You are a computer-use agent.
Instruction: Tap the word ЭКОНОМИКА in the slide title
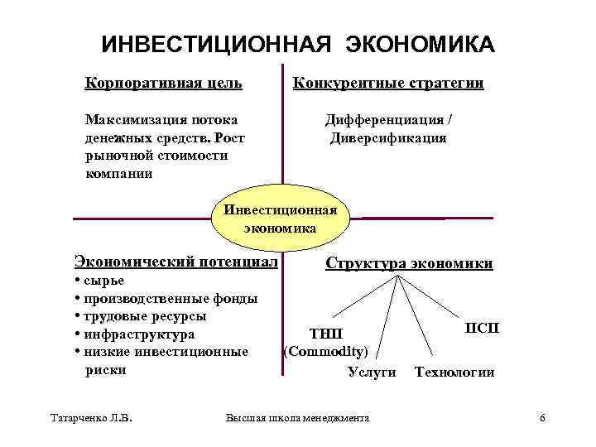421,43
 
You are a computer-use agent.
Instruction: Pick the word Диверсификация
388,137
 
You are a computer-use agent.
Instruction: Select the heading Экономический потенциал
175,262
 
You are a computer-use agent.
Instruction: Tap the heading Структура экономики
409,264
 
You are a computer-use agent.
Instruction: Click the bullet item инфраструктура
137,334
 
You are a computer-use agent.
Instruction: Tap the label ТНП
324,334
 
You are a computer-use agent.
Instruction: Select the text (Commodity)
325,352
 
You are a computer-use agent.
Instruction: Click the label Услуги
372,372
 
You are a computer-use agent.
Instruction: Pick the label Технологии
454,372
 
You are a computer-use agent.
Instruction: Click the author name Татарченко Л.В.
92,418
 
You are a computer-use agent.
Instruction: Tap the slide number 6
542,418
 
